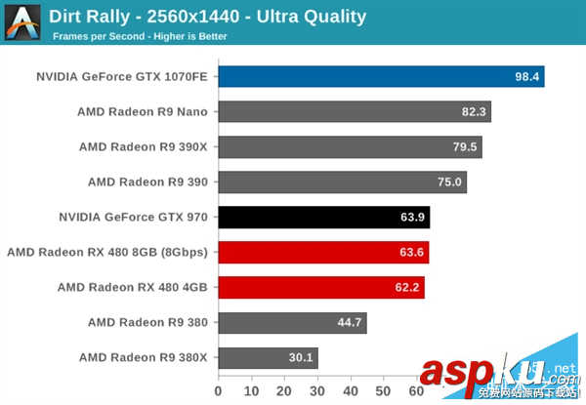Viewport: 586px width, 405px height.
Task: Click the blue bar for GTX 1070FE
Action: pos(381,76)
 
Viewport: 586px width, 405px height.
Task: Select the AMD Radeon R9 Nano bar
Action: pos(354,111)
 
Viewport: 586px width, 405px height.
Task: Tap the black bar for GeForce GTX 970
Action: pos(323,217)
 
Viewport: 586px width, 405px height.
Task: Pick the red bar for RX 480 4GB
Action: pos(320,287)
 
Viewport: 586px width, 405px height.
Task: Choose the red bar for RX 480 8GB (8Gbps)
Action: pos(323,252)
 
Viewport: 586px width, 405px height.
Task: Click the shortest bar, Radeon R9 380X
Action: pos(268,357)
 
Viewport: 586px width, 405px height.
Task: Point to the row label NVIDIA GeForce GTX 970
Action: pos(134,217)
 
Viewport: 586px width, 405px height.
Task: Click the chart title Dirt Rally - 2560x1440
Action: pos(208,16)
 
